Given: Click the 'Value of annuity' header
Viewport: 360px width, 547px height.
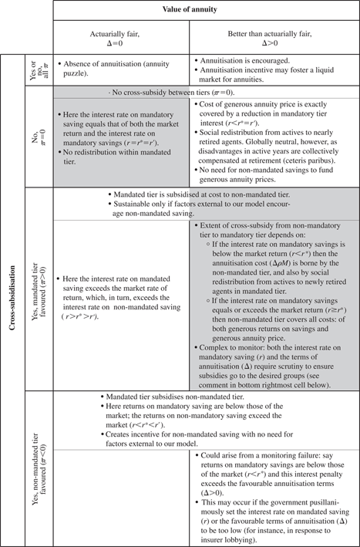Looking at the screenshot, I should (206, 9).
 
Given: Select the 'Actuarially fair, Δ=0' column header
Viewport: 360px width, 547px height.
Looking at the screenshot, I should (121, 35).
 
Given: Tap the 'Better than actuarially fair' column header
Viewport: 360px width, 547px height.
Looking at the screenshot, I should (274, 35).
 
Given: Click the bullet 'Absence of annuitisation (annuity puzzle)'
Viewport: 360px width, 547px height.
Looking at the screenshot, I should (119, 66).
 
